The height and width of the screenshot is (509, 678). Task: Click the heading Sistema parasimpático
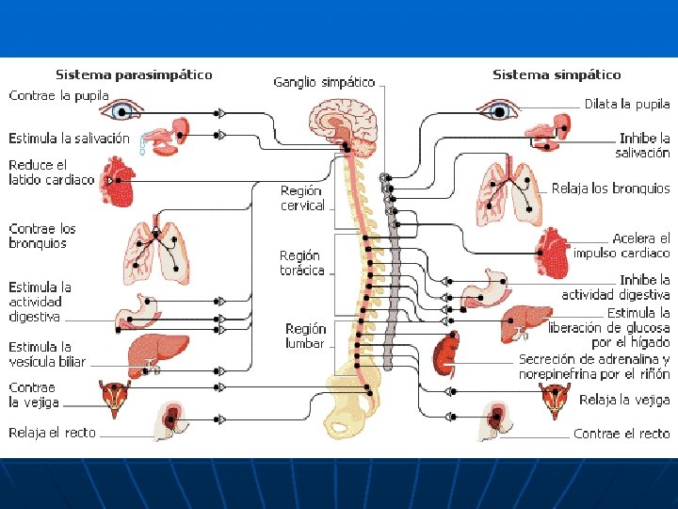click(x=134, y=74)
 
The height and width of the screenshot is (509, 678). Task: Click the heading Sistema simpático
click(x=557, y=74)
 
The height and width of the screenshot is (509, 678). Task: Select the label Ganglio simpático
click(x=324, y=83)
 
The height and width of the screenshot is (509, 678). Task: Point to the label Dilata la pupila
click(x=627, y=104)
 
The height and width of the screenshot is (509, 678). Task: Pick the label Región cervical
click(x=302, y=198)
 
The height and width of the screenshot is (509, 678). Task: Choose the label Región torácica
click(x=301, y=263)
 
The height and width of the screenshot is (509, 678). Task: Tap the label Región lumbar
click(x=305, y=337)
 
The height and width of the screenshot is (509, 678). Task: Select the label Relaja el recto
click(x=53, y=433)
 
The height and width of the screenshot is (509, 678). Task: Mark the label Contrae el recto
click(x=621, y=434)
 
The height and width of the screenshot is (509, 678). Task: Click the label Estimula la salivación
click(x=69, y=139)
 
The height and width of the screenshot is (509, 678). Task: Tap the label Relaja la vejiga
click(x=624, y=401)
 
